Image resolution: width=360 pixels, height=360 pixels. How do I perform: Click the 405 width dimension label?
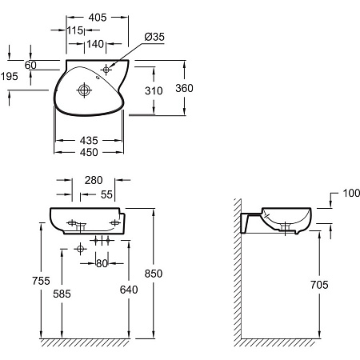click(98, 18)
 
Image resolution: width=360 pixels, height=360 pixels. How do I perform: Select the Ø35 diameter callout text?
click(154, 37)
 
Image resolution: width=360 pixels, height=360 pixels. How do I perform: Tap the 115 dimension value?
click(75, 30)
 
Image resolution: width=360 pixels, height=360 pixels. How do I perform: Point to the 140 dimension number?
click(95, 44)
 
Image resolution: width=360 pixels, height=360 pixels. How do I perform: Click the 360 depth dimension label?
click(184, 88)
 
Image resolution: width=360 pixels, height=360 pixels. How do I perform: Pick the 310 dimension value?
click(154, 91)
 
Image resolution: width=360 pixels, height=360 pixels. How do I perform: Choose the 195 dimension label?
click(10, 77)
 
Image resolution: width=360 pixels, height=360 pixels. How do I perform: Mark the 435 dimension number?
click(89, 140)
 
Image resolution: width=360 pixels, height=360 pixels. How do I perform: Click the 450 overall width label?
click(89, 152)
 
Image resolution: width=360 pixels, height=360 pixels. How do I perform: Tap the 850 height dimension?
click(154, 274)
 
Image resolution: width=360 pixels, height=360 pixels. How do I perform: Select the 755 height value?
click(41, 281)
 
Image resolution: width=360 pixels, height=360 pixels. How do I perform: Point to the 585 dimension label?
click(62, 294)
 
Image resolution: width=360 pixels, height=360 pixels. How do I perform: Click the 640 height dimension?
click(129, 290)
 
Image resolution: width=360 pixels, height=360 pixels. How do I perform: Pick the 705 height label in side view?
click(319, 285)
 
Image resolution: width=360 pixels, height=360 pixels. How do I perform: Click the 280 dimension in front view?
click(94, 180)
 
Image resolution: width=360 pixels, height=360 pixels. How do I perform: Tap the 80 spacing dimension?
click(102, 263)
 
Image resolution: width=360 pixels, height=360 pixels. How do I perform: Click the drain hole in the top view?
click(84, 90)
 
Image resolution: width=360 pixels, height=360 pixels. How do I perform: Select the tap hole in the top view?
click(106, 70)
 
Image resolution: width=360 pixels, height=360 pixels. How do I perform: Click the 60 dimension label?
click(30, 65)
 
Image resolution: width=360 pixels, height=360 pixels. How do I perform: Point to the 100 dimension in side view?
click(351, 193)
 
